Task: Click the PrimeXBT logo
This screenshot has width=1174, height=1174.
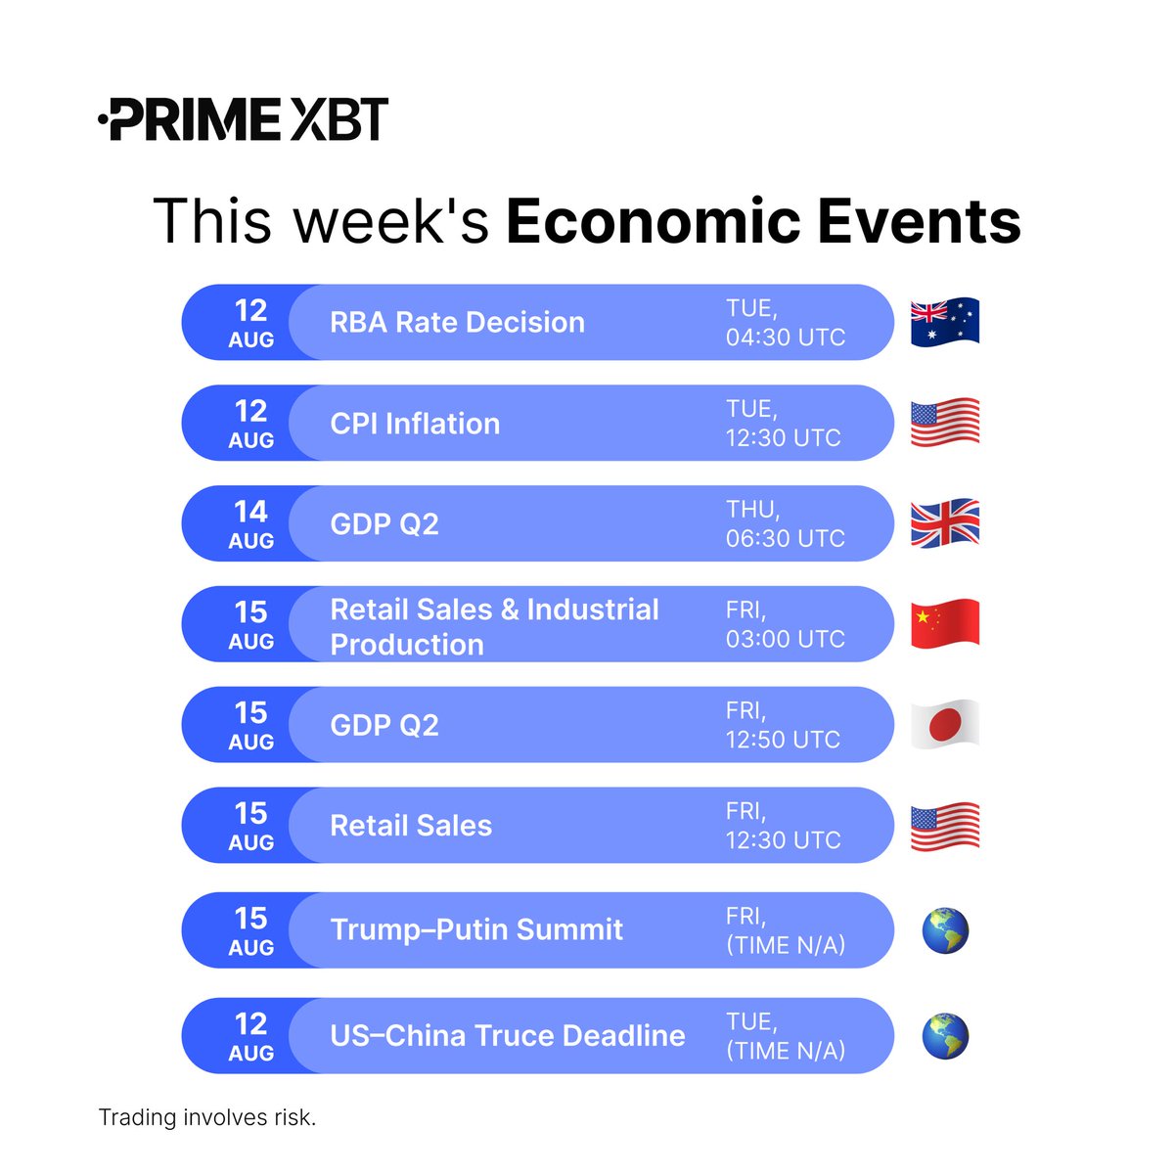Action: (x=244, y=119)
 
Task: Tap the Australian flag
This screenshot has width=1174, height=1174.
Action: (x=944, y=322)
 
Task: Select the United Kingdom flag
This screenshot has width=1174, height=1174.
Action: (x=944, y=523)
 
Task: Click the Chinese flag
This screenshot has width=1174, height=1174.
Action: (x=944, y=624)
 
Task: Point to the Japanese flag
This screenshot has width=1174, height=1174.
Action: (x=944, y=725)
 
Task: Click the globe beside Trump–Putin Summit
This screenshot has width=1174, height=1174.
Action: (x=945, y=930)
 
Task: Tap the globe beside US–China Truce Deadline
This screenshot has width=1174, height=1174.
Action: (x=945, y=1036)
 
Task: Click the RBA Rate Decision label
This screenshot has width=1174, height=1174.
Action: (x=457, y=323)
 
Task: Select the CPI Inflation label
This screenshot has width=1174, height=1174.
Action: (x=415, y=424)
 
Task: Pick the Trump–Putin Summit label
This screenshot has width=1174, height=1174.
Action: (x=476, y=929)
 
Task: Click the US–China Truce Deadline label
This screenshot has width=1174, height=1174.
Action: (x=508, y=1035)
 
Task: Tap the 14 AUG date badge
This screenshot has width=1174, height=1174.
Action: (x=251, y=523)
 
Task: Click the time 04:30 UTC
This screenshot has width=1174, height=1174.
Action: (x=785, y=338)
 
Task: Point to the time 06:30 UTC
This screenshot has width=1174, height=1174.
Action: (x=785, y=538)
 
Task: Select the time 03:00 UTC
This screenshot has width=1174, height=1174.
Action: (x=785, y=639)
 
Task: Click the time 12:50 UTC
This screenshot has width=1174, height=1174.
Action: (x=783, y=740)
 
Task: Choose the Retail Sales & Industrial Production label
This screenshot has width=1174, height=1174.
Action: (x=494, y=626)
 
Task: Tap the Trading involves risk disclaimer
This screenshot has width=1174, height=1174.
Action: (x=207, y=1117)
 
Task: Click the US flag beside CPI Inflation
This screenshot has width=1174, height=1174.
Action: (x=944, y=423)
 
